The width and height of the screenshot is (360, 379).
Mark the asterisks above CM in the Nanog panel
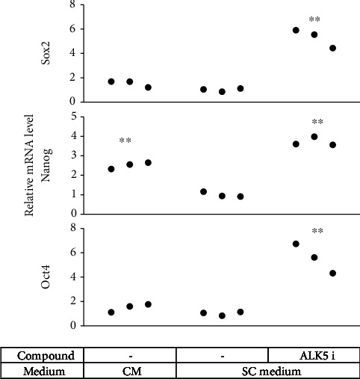(x=125, y=141)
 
